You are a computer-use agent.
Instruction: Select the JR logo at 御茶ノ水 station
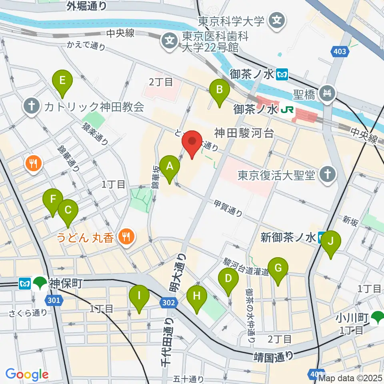point(286,109)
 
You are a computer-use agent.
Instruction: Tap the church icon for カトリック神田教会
point(31,107)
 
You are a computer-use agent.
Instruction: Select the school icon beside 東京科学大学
point(277,19)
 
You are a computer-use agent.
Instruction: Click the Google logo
point(27,375)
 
